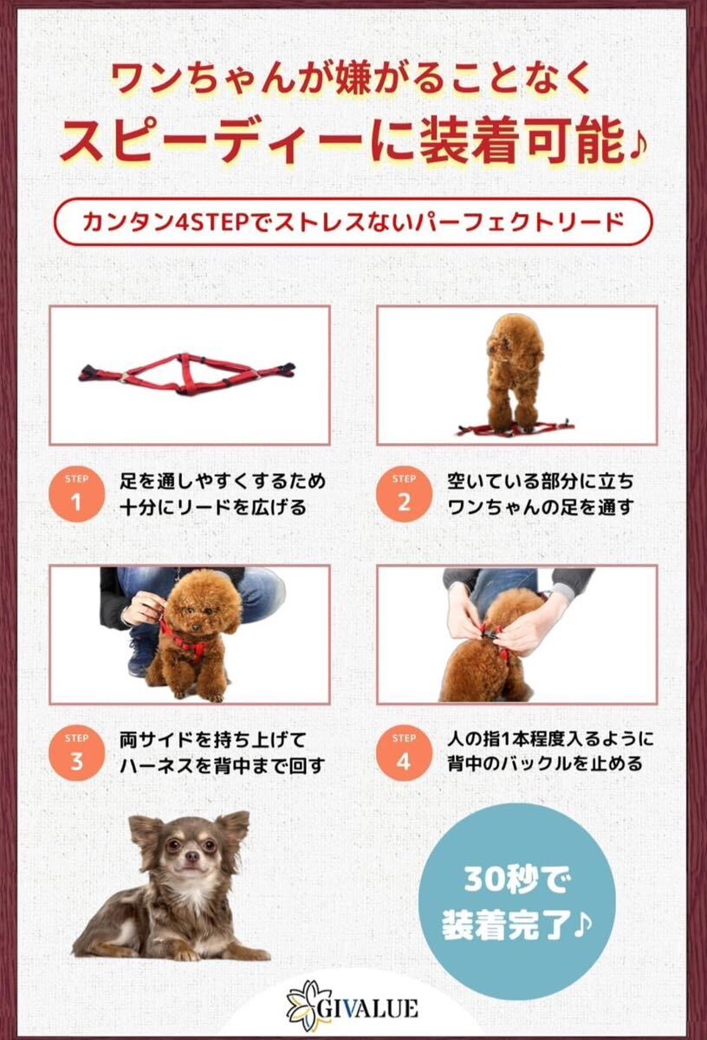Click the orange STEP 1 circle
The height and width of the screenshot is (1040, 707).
tap(76, 495)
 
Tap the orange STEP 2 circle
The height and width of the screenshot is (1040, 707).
tap(404, 495)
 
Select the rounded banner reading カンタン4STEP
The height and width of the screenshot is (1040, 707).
tap(353, 222)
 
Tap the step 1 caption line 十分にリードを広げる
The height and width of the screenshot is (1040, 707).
tap(213, 508)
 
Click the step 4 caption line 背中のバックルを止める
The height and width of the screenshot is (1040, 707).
tap(544, 764)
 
